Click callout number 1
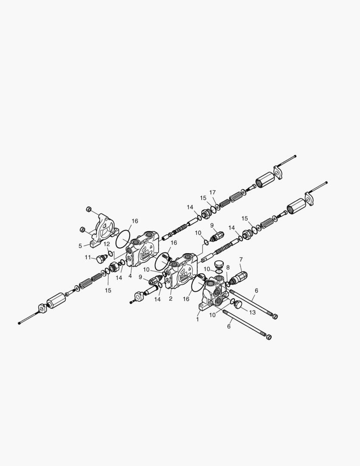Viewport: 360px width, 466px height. (197, 320)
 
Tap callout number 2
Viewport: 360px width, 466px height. (171, 298)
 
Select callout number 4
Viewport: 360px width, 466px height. (130, 276)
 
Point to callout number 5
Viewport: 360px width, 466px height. (80, 246)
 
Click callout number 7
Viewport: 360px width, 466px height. (241, 259)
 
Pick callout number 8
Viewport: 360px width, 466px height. (228, 268)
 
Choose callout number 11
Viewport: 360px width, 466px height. (88, 257)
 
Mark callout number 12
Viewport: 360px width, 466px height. (107, 244)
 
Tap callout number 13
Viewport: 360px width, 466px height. (252, 312)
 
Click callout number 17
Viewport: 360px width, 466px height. (213, 192)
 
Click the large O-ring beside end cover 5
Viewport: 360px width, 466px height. (123, 236)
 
